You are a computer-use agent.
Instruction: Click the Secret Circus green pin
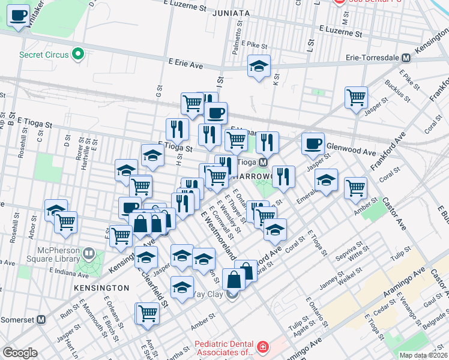coord(77,55)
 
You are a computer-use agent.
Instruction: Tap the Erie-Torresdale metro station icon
coord(406,59)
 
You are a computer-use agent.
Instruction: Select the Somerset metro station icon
coord(41,320)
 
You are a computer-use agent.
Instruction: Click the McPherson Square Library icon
coord(89,254)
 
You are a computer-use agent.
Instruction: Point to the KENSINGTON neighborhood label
coord(101,288)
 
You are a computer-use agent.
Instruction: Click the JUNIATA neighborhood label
coord(231,13)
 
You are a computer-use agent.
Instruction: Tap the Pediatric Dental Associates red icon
coord(262,347)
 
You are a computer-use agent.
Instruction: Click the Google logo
coord(20,353)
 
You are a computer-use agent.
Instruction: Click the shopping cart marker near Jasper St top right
coord(356,97)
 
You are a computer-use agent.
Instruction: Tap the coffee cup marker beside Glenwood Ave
coord(313,144)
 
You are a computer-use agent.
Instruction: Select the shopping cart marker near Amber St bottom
coord(148,313)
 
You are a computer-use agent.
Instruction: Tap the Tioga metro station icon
coord(263,163)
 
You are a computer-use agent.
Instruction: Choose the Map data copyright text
coord(424,355)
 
